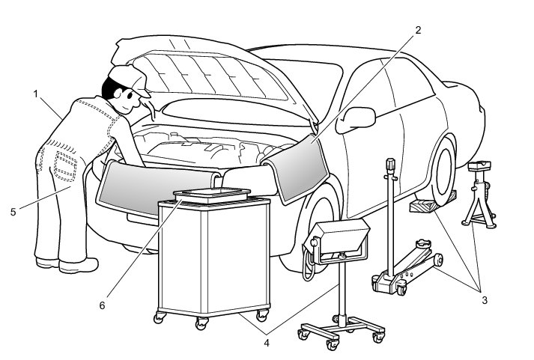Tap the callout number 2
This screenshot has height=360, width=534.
(419, 31)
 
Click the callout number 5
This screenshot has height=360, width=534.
(13, 212)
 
